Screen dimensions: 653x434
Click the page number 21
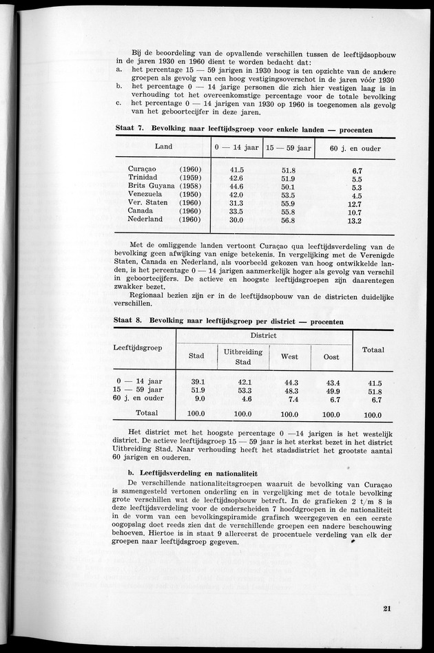tap(387, 608)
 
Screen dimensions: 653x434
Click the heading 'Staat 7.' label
tap(132, 129)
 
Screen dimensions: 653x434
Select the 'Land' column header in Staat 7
tap(164, 147)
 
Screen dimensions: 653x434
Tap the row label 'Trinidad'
tap(144, 178)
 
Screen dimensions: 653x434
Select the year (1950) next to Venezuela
tap(189, 195)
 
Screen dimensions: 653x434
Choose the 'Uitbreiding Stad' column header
tap(243, 356)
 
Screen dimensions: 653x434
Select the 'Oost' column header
tap(331, 356)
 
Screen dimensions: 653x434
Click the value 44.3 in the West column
tap(290, 383)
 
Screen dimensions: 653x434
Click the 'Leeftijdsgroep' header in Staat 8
tap(138, 347)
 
